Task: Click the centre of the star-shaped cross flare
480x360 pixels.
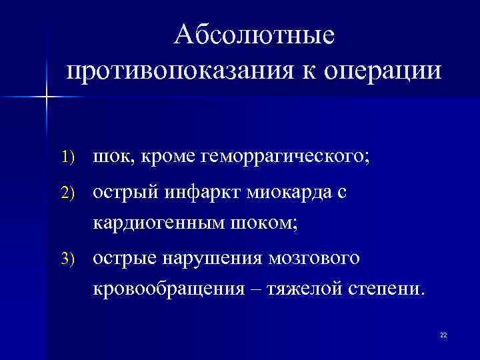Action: [x=47, y=97]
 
